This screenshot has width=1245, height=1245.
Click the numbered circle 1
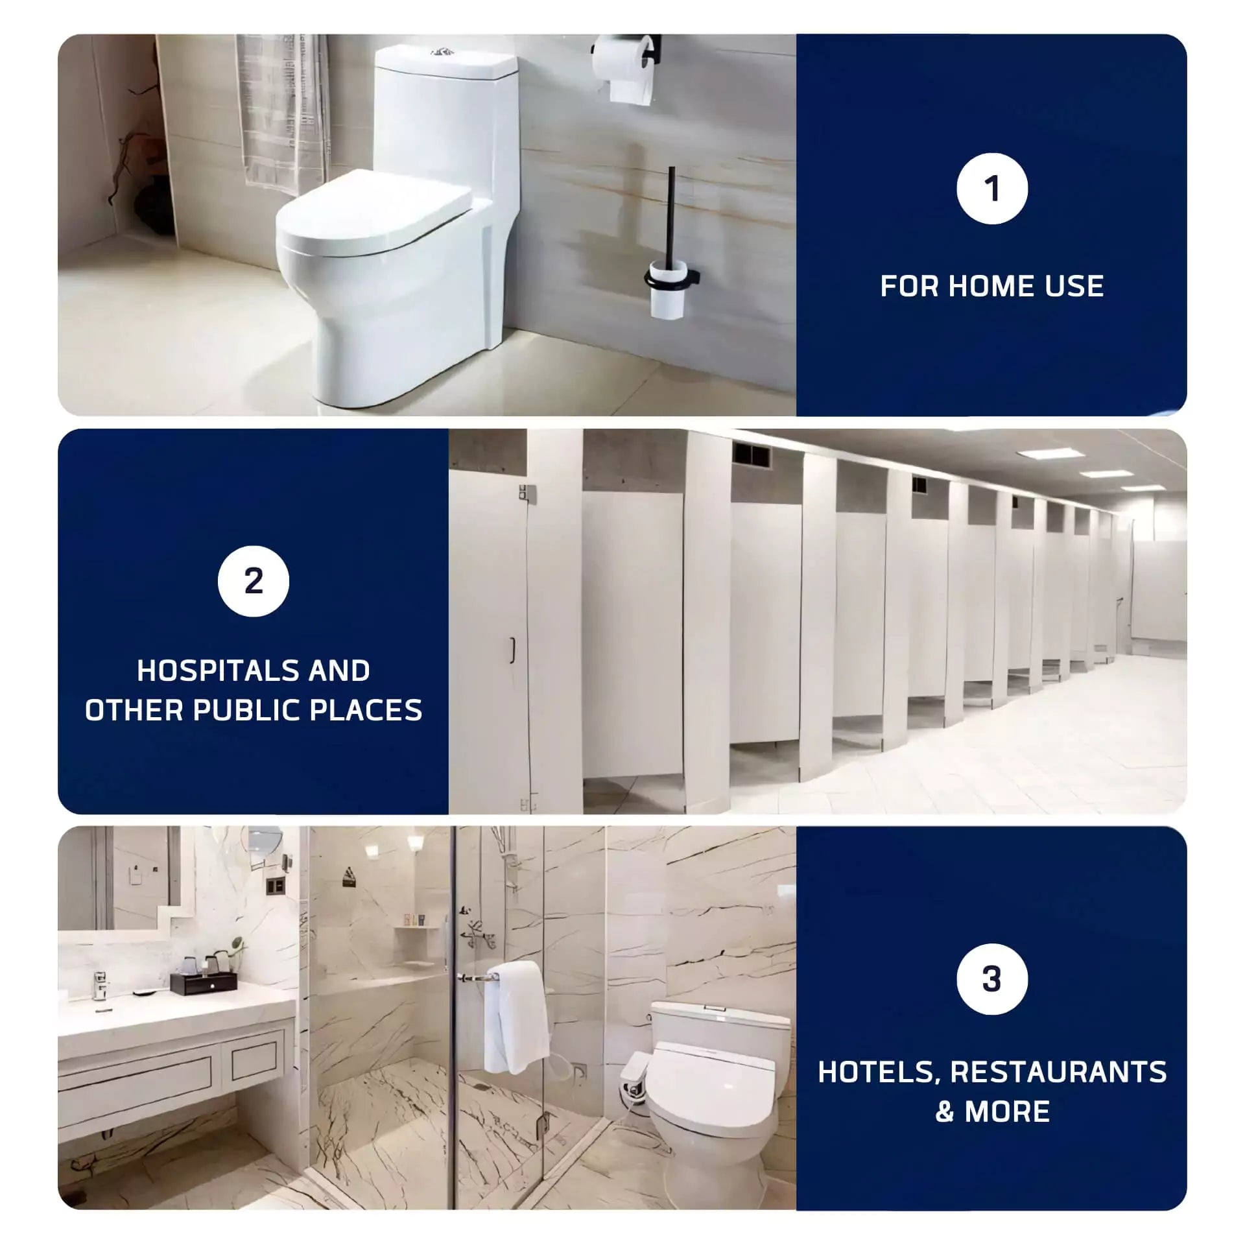point(991,189)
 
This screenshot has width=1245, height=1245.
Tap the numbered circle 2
point(253,580)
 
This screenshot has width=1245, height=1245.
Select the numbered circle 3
point(991,978)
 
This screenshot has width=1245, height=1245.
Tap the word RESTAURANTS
point(1058,1072)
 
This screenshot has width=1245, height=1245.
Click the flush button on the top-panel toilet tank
point(442,51)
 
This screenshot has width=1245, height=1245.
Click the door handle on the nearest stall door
point(512,646)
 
